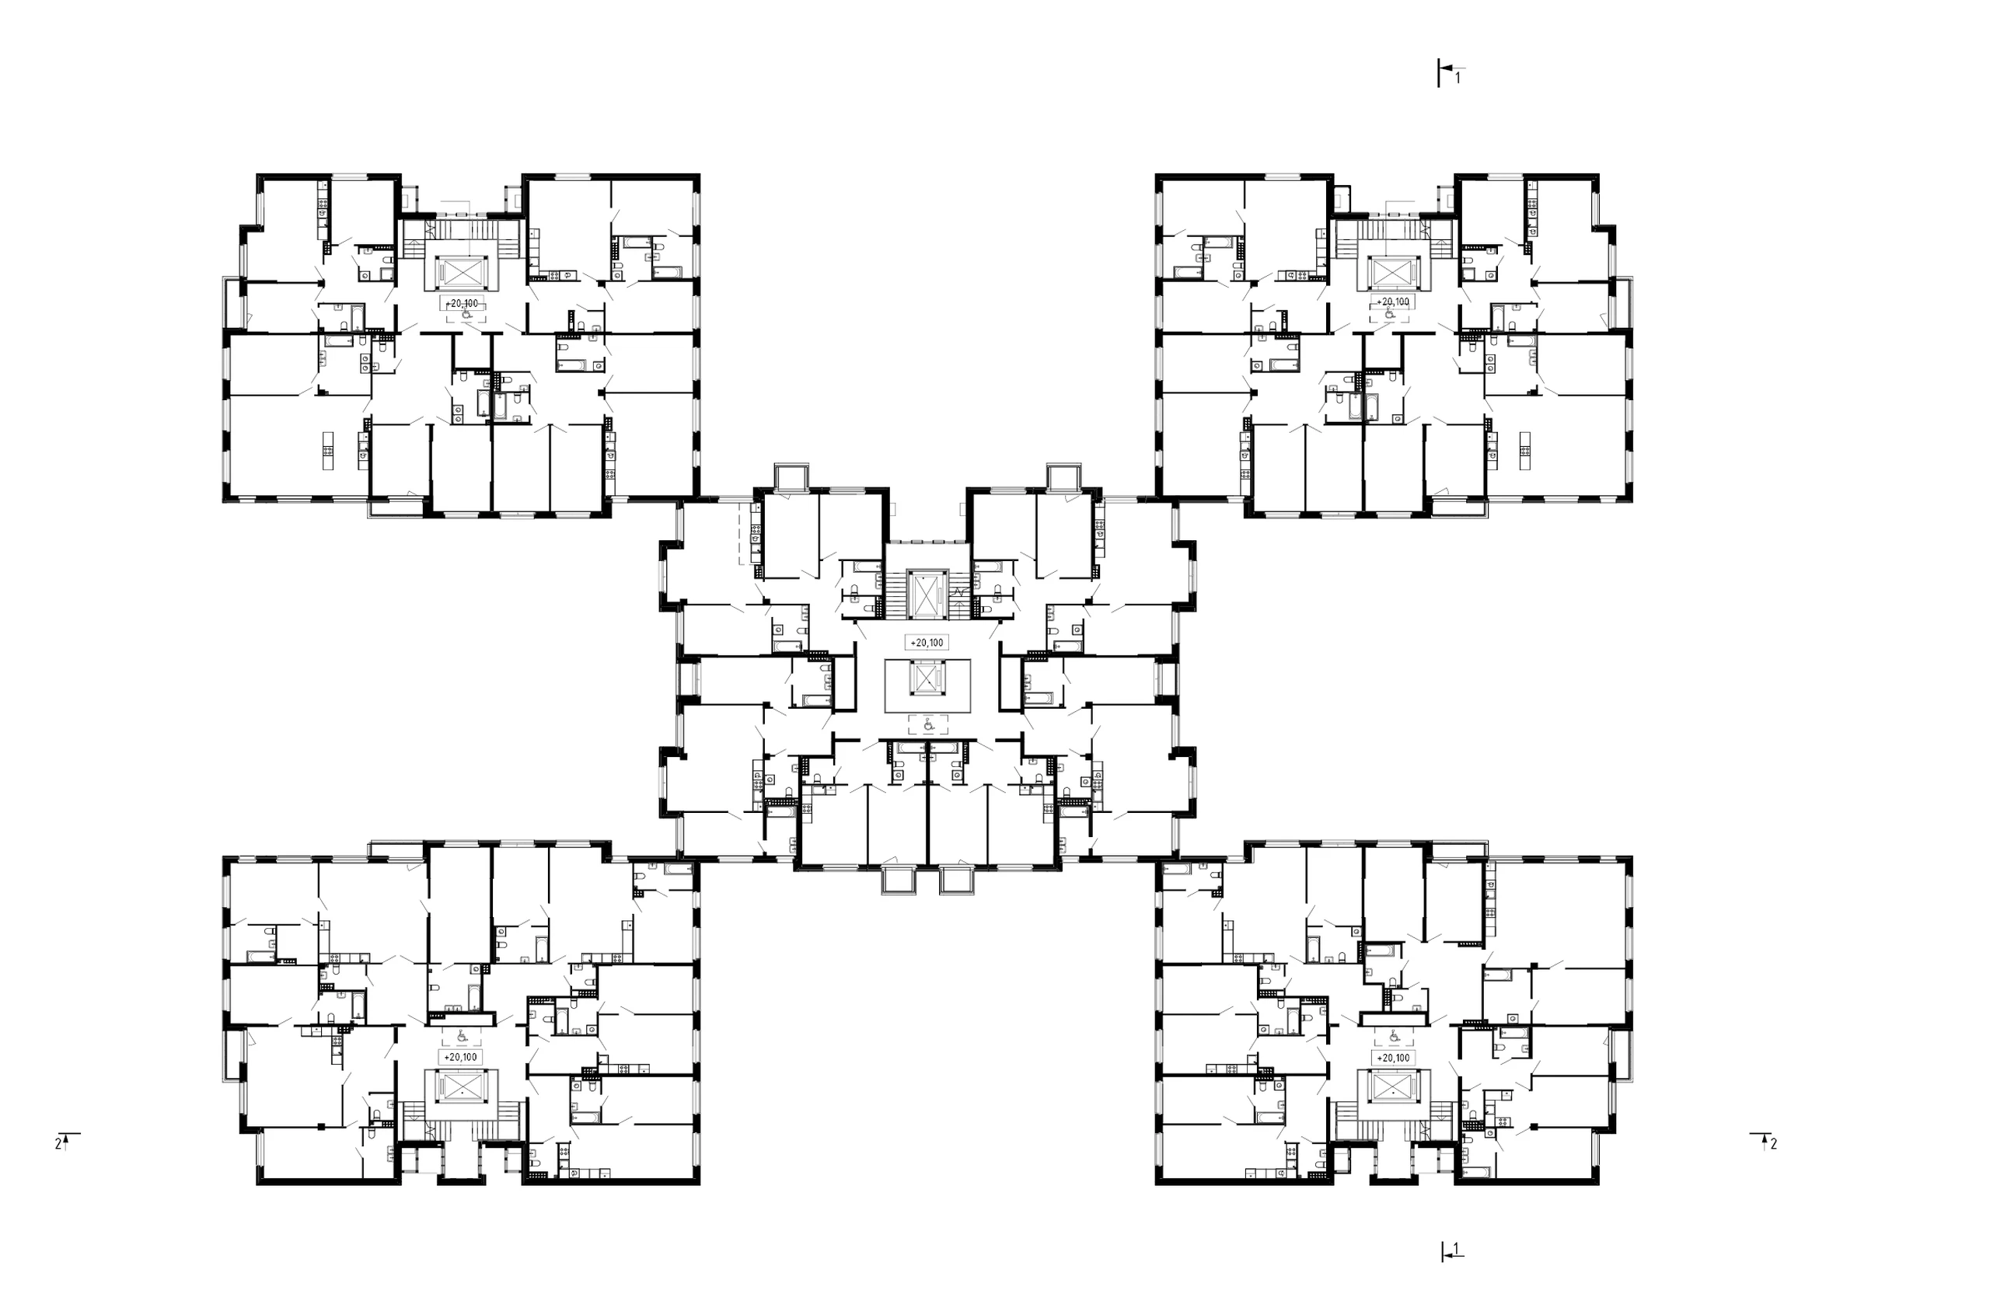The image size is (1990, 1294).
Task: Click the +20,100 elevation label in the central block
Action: pyautogui.click(x=927, y=643)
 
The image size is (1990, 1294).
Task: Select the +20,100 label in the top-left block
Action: pyautogui.click(x=462, y=303)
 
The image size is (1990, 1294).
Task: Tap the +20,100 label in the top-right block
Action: pyautogui.click(x=1393, y=302)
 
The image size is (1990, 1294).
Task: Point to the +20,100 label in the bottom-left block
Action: pyautogui.click(x=461, y=1058)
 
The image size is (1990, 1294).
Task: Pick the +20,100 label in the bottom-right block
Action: pyautogui.click(x=1393, y=1058)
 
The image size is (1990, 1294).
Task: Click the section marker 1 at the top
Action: pyautogui.click(x=1448, y=74)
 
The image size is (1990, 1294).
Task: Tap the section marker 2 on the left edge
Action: pyautogui.click(x=66, y=1141)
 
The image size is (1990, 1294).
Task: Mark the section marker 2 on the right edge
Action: pyautogui.click(x=1765, y=1141)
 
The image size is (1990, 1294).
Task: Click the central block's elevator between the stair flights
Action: pyautogui.click(x=927, y=595)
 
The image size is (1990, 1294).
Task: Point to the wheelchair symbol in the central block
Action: pyautogui.click(x=927, y=725)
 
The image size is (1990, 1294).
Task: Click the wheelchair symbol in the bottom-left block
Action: pyautogui.click(x=462, y=1037)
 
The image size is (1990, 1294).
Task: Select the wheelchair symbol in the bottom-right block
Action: pyautogui.click(x=1394, y=1037)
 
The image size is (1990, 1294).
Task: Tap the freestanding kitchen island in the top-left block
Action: pyautogui.click(x=329, y=452)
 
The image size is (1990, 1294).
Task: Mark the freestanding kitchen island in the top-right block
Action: pyautogui.click(x=1526, y=452)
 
